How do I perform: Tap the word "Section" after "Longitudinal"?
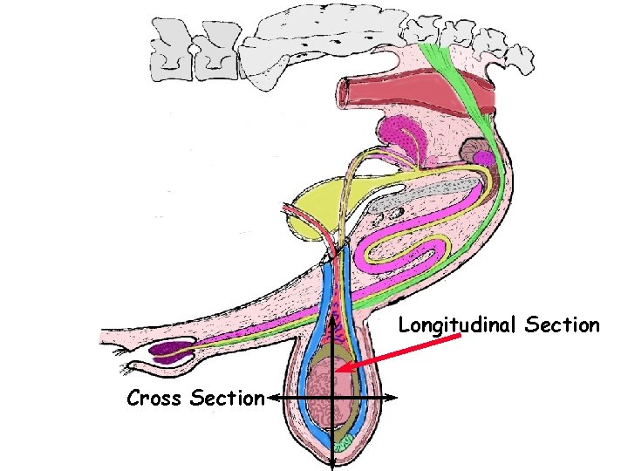tap(563, 325)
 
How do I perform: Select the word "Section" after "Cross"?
tap(227, 399)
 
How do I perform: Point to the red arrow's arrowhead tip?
tap(337, 372)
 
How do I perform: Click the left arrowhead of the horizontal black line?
tap(270, 398)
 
